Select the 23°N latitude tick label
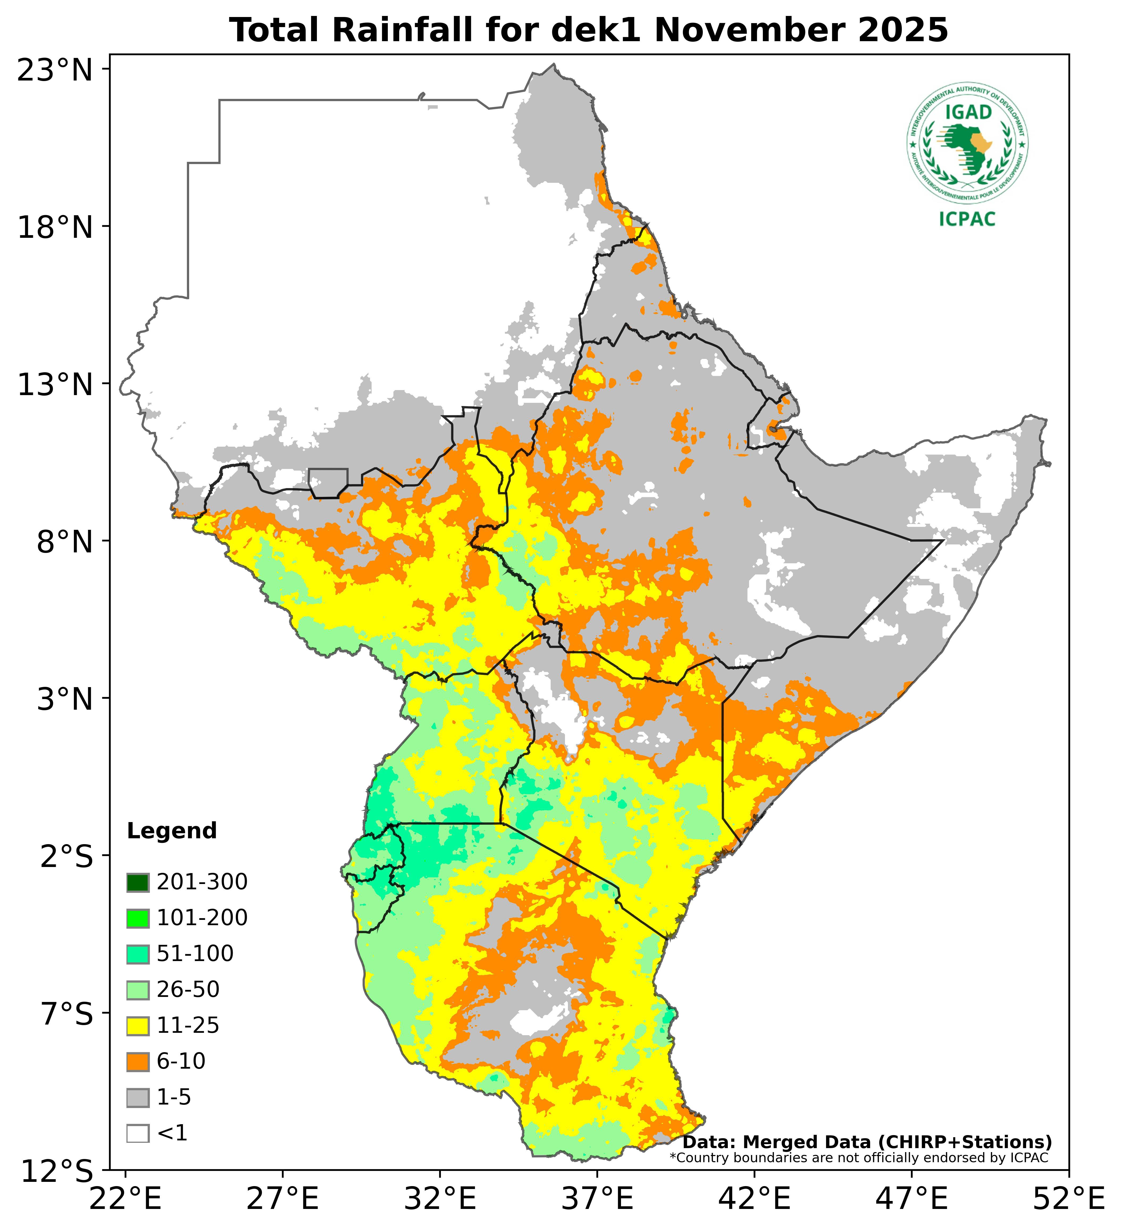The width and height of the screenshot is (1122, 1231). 55,71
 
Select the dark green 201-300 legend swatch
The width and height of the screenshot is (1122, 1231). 138,883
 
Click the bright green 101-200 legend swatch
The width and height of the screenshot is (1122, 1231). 138,918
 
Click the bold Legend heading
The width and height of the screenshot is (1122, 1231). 172,831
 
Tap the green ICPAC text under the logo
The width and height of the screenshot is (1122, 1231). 968,219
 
